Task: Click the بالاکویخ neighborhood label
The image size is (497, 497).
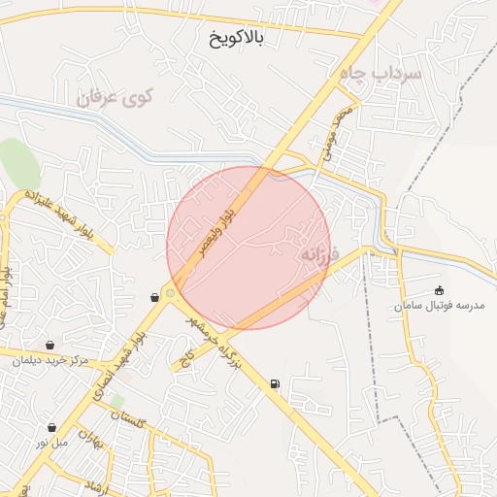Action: pos(237,39)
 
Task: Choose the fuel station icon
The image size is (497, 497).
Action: pos(276,384)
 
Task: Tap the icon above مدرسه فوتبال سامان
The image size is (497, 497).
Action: pos(439,290)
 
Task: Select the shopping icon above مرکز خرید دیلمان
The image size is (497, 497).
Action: pos(50,345)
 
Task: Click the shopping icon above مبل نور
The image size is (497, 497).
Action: pos(51,427)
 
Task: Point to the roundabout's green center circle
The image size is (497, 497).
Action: pos(171,292)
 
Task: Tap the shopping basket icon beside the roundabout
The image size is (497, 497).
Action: pos(154,297)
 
